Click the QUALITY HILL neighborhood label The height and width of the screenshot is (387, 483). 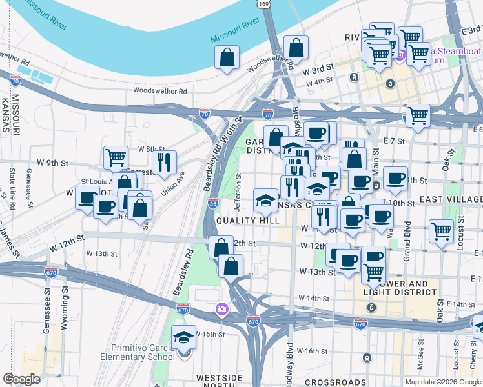pyautogui.click(x=247, y=220)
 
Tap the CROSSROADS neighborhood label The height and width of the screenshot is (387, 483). pyautogui.click(x=335, y=382)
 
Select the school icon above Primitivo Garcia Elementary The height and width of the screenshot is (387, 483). pyautogui.click(x=183, y=337)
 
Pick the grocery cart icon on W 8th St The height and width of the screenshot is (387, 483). pyautogui.click(x=115, y=157)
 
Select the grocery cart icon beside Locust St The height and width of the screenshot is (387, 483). pyautogui.click(x=442, y=230)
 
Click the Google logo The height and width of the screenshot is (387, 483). pyautogui.click(x=21, y=379)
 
